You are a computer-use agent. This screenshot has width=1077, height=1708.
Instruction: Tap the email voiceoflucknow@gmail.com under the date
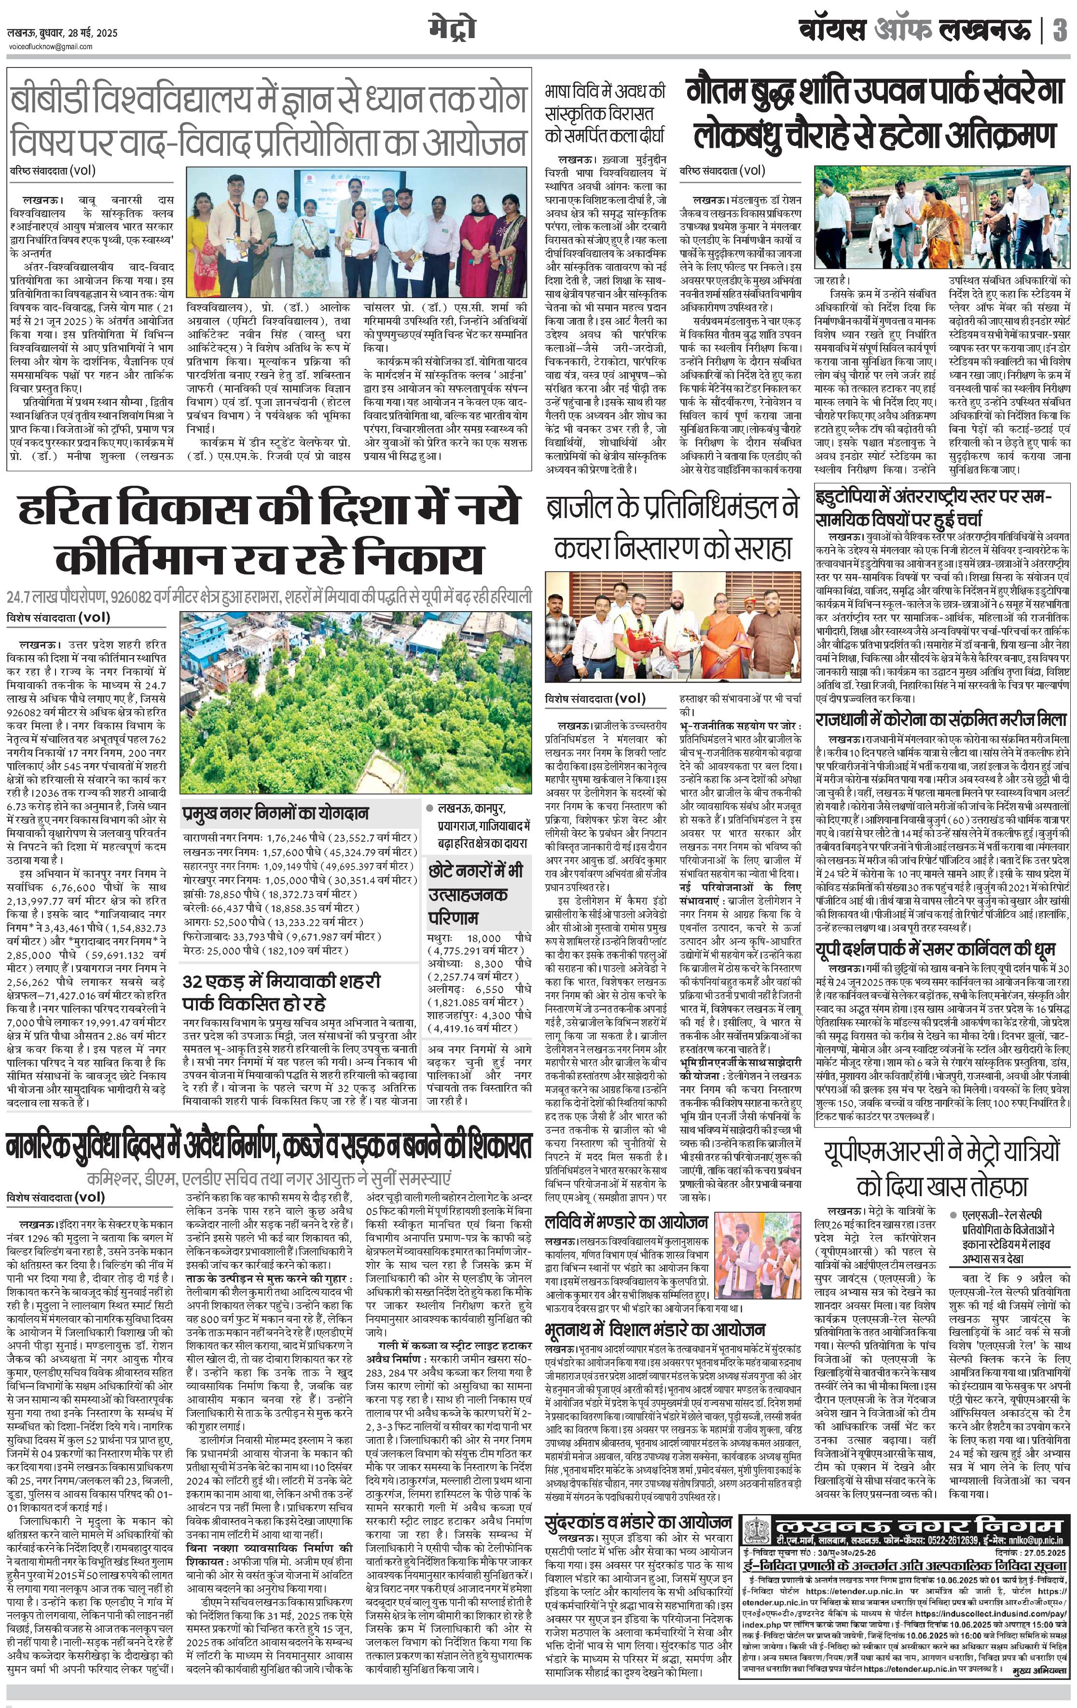pyautogui.click(x=50, y=47)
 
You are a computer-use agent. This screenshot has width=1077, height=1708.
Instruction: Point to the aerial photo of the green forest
pyautogui.click(x=355, y=702)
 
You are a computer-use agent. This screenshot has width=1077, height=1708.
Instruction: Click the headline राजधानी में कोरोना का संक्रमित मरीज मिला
pyautogui.click(x=941, y=719)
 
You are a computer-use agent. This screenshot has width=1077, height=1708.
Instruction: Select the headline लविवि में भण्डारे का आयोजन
pyautogui.click(x=626, y=1221)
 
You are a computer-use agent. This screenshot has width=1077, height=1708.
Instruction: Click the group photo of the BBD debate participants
pyautogui.click(x=357, y=232)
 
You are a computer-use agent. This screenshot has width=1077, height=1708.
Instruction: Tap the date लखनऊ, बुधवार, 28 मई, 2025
pyautogui.click(x=63, y=33)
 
